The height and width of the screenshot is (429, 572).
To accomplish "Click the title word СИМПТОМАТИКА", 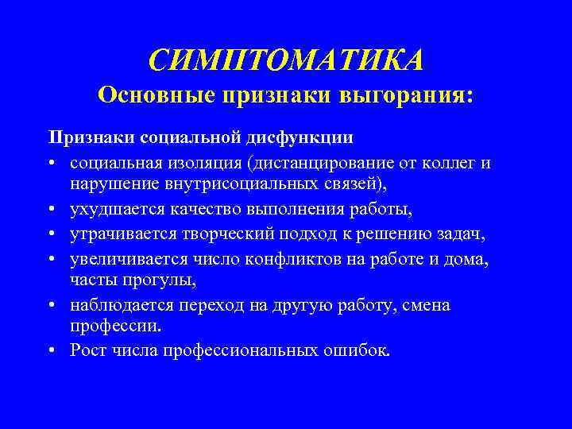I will point(286,59).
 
